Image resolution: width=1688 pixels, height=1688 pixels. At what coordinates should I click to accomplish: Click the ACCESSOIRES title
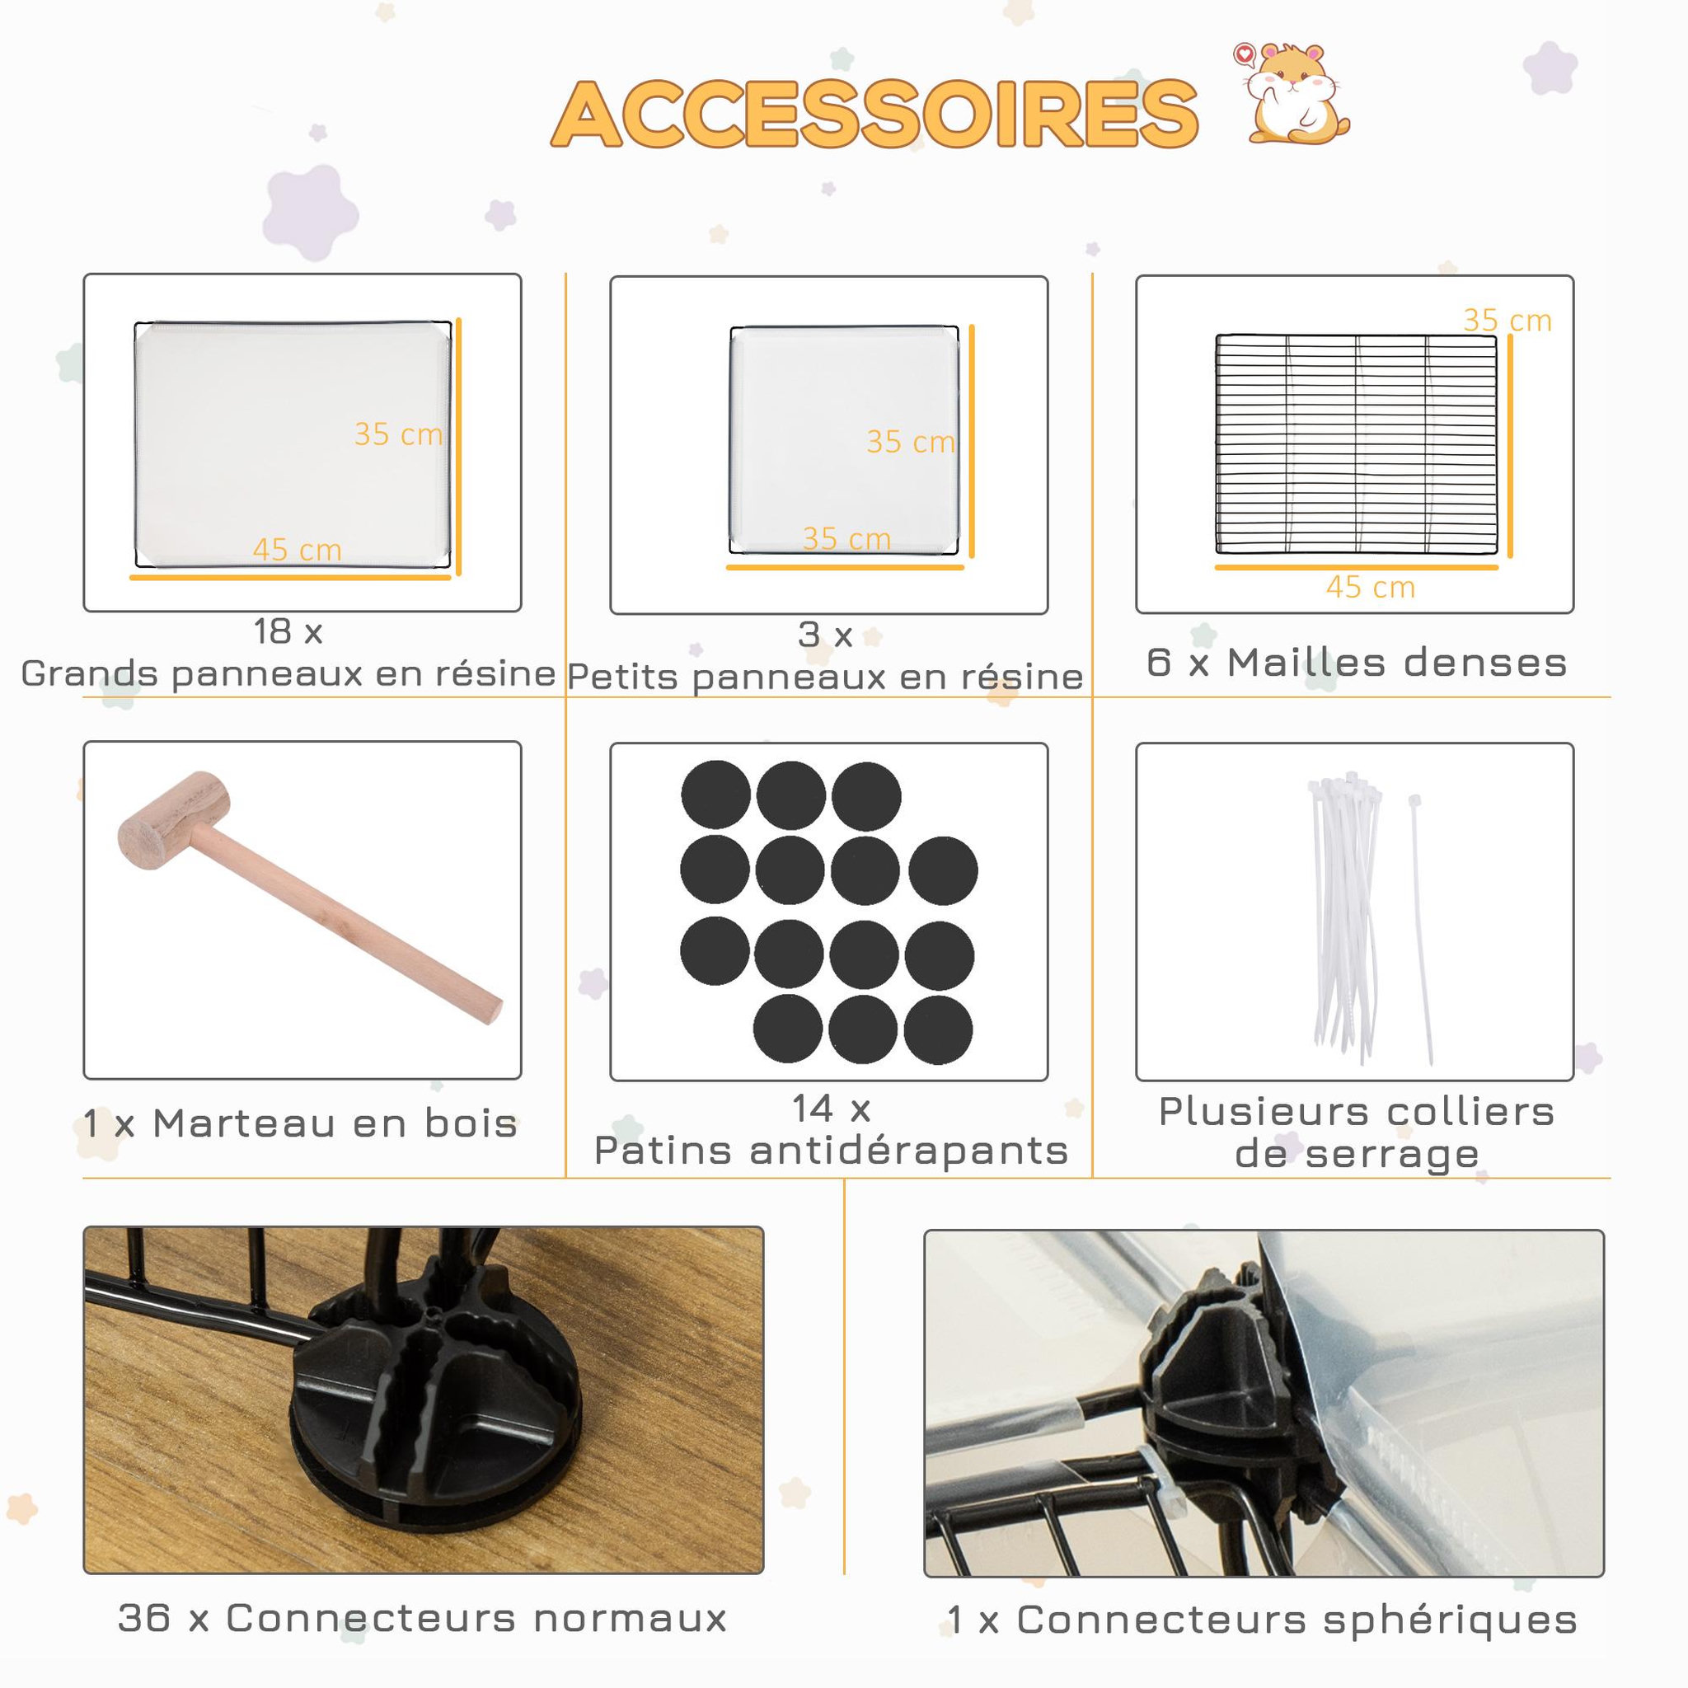(x=874, y=115)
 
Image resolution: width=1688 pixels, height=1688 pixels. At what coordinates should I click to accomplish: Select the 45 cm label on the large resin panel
(x=297, y=550)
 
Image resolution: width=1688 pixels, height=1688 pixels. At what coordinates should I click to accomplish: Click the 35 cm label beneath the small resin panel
(x=846, y=538)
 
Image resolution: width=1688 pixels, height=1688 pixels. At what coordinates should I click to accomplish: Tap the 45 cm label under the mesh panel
(x=1370, y=587)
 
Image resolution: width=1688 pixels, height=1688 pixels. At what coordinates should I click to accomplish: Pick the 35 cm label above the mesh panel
(x=1507, y=321)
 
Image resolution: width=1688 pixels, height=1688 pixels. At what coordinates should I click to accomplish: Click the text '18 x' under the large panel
(x=288, y=631)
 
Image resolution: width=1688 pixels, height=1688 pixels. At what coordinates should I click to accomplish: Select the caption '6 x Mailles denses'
(x=1357, y=663)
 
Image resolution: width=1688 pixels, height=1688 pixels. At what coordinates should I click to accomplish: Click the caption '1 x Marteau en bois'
(x=301, y=1123)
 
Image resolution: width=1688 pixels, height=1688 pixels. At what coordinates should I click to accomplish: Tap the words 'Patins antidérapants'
(x=831, y=1151)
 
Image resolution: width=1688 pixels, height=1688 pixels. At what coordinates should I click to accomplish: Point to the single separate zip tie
(x=1423, y=930)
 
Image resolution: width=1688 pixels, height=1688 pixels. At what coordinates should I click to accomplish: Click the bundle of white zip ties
(x=1343, y=916)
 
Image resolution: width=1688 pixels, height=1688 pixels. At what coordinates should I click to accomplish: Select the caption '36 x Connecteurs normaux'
(x=423, y=1618)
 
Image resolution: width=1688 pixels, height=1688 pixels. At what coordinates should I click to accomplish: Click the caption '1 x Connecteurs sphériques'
(x=1263, y=1620)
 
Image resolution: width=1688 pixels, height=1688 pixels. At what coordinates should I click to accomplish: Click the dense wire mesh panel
(x=1356, y=444)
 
